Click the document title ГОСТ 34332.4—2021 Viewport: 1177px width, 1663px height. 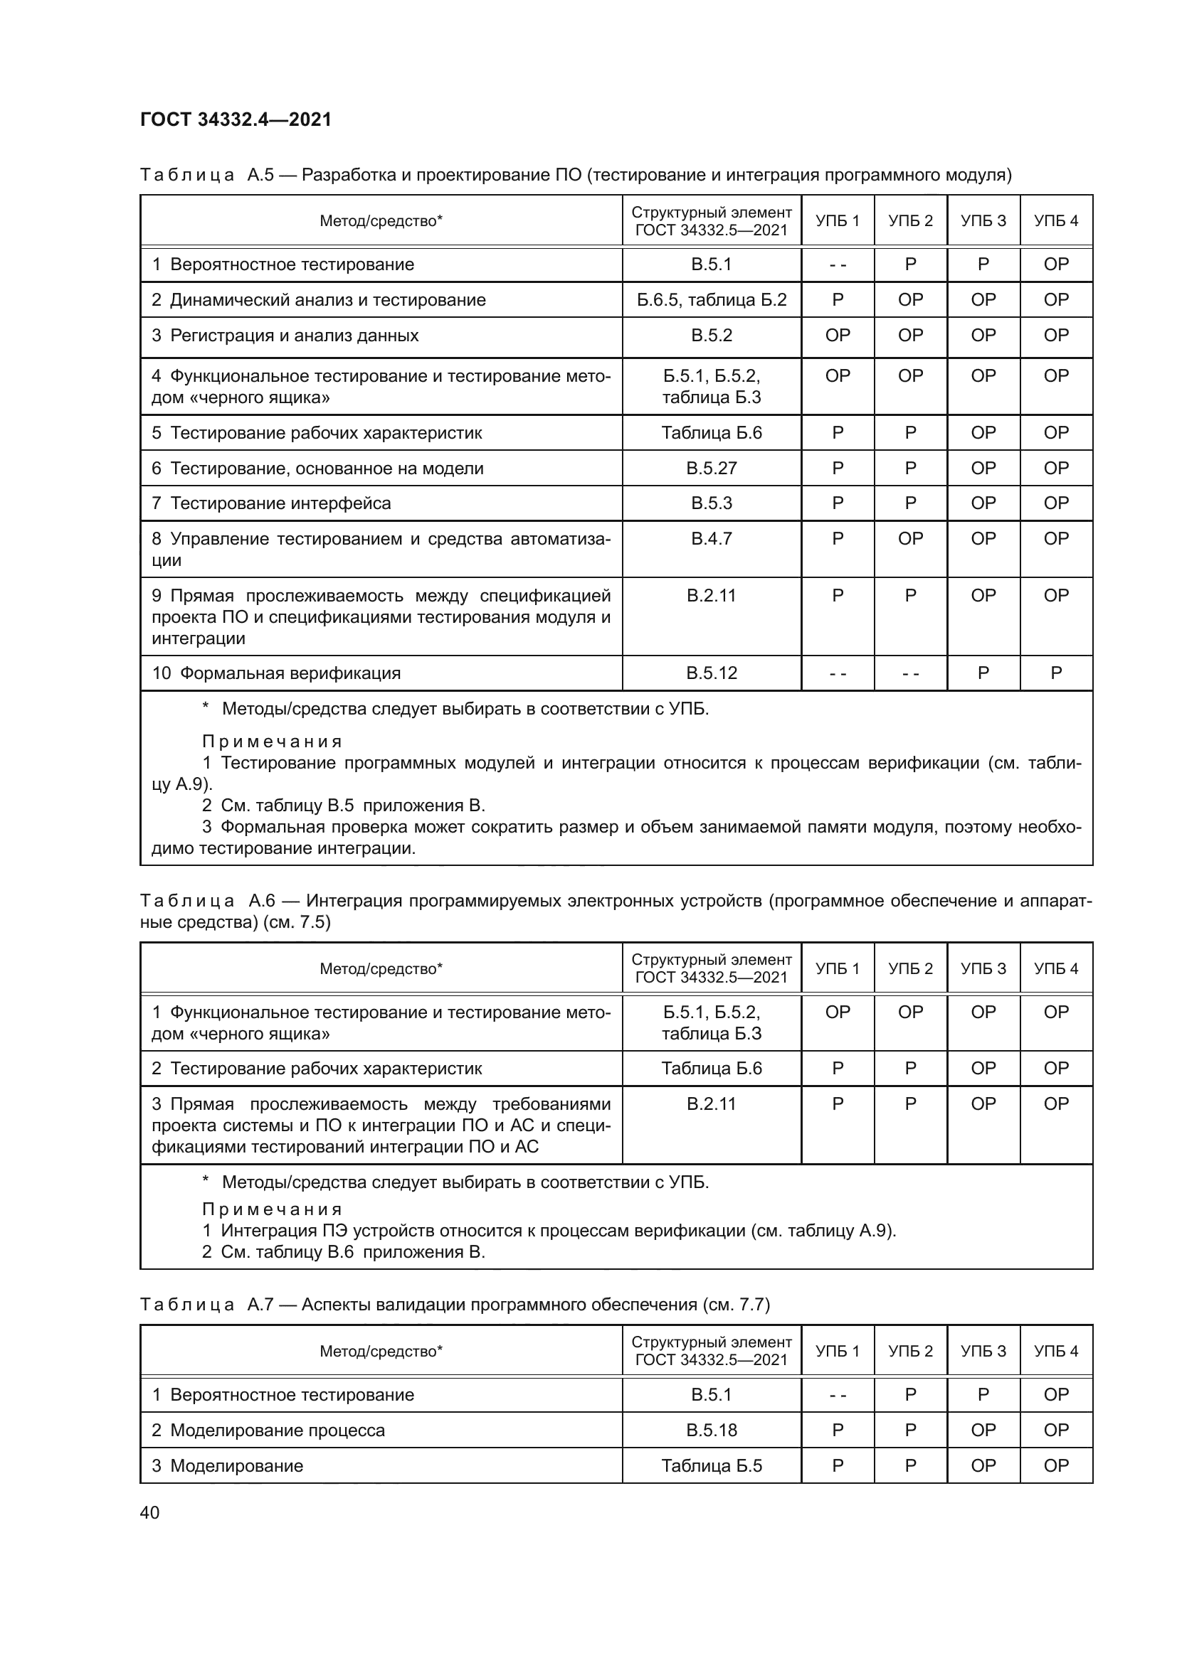236,119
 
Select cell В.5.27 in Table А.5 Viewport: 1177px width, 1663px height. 711,468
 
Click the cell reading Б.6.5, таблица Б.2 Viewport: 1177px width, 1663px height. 711,300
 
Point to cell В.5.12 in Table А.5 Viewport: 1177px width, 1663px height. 711,673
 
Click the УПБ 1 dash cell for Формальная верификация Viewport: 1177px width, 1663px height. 837,673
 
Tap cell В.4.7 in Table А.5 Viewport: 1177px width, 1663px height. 711,539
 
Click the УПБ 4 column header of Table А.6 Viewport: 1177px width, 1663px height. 1055,968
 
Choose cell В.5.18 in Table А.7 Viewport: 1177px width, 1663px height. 711,1430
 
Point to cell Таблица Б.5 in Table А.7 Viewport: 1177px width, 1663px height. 711,1465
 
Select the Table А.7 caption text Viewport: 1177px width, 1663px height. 455,1305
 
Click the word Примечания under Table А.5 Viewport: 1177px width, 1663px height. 272,742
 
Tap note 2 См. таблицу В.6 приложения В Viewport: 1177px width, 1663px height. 343,1251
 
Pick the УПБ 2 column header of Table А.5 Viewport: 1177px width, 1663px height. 910,221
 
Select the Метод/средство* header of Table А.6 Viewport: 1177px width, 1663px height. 381,968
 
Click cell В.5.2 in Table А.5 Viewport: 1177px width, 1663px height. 711,336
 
